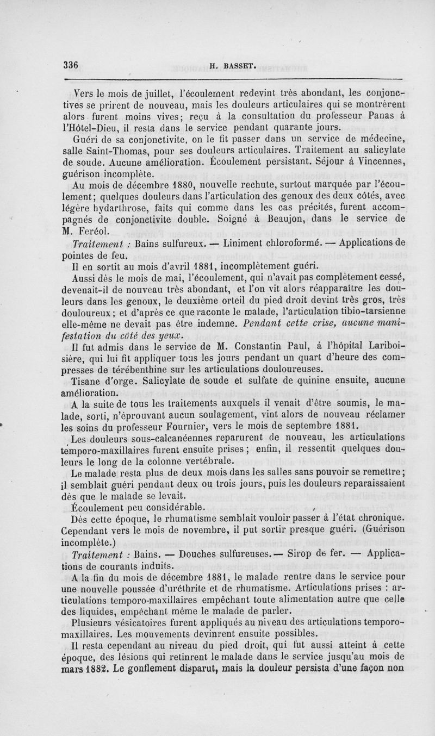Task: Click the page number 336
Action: (x=71, y=64)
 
